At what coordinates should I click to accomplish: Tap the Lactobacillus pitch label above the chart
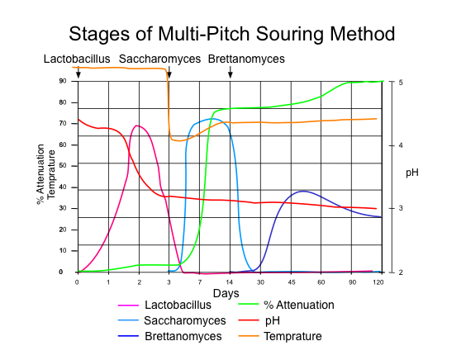[x=77, y=59]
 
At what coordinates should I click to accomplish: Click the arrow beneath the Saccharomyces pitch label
[x=169, y=72]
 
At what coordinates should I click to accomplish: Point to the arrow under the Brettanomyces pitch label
[x=231, y=72]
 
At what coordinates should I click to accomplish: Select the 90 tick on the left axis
[x=63, y=81]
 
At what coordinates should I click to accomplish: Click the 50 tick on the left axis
[x=63, y=166]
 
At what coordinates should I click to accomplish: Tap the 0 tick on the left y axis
[x=61, y=272]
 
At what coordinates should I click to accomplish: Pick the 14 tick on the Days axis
[x=230, y=282]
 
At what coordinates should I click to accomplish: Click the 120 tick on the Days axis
[x=378, y=282]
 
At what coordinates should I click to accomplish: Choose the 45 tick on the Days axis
[x=291, y=282]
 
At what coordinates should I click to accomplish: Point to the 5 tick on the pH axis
[x=401, y=83]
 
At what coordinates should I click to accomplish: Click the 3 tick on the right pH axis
[x=401, y=208]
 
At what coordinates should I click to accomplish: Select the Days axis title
[x=226, y=293]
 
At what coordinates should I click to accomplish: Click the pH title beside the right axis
[x=412, y=173]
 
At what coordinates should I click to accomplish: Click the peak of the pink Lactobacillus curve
[x=136, y=126]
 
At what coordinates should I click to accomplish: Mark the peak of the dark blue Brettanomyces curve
[x=303, y=191]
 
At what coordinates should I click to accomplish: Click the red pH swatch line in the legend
[x=249, y=320]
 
